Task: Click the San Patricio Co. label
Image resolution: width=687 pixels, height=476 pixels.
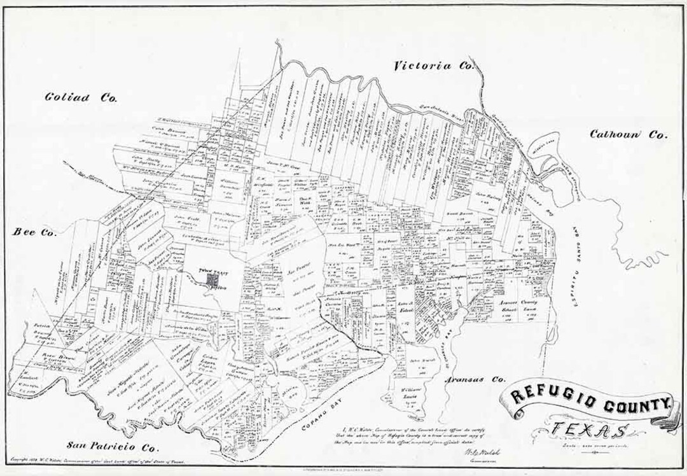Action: [x=102, y=447]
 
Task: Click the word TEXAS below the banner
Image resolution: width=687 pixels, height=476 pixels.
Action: [x=588, y=431]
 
